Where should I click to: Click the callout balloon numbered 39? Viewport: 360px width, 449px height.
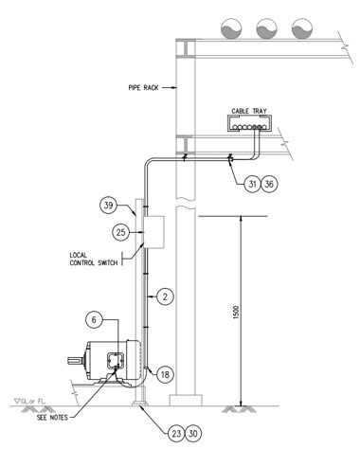click(108, 206)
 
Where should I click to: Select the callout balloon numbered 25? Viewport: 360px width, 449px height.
click(121, 232)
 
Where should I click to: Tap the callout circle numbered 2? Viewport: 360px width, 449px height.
click(165, 296)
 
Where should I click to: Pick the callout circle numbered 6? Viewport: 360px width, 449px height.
click(94, 320)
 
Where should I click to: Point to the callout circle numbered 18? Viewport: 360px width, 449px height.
click(165, 374)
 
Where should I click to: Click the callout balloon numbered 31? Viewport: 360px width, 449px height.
click(252, 184)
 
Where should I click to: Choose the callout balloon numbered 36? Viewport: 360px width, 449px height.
click(269, 184)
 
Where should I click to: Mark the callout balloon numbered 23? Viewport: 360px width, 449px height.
click(176, 434)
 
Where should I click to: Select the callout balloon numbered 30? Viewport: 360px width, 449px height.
click(193, 434)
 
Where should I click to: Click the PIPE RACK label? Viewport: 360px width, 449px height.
click(143, 87)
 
